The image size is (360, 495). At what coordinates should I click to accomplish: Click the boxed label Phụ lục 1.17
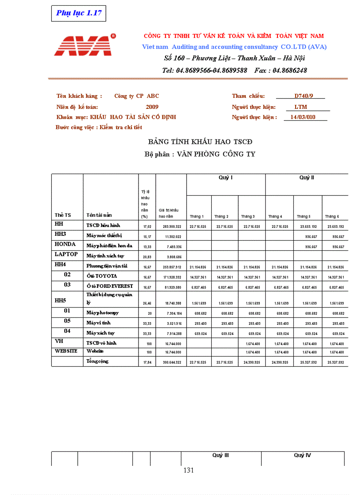coord(79,13)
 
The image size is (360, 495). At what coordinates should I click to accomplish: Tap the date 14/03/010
coord(300,117)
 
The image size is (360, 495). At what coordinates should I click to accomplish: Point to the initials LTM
coord(301,107)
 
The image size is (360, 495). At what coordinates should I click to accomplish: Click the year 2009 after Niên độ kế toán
coord(152,107)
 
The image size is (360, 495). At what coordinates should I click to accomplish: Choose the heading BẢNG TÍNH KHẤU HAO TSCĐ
coord(200,141)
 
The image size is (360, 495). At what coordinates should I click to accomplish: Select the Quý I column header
coord(226,178)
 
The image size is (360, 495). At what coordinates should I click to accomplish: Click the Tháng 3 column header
coord(247,216)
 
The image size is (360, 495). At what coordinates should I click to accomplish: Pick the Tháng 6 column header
coord(332,216)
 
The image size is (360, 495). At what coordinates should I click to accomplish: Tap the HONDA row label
coord(65,244)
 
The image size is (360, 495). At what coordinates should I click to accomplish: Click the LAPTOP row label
coord(66,254)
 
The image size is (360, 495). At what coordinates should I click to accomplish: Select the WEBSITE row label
coord(66,351)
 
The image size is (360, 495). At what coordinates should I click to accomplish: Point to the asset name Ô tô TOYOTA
coord(102,276)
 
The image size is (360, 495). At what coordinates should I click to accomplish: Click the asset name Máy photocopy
coord(103,313)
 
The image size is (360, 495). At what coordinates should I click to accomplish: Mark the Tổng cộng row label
coord(97,361)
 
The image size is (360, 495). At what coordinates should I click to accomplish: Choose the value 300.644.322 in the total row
coord(169,362)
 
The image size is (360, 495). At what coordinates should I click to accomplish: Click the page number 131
coord(188,470)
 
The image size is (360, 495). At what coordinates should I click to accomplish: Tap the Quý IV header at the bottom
coord(302,455)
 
